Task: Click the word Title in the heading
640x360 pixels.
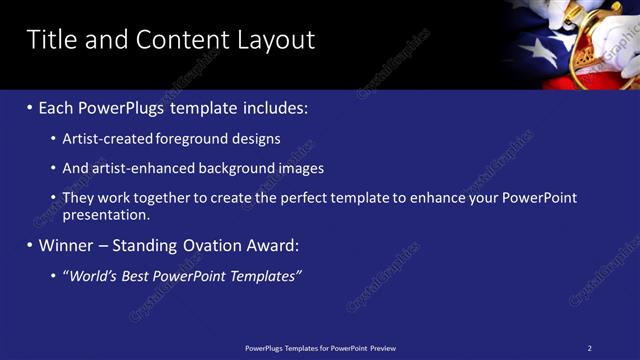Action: pos(51,39)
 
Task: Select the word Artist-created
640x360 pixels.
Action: pos(108,139)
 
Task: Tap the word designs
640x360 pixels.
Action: pos(255,139)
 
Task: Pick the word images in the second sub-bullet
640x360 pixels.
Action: pos(301,168)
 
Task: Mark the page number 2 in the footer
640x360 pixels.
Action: pos(589,348)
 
